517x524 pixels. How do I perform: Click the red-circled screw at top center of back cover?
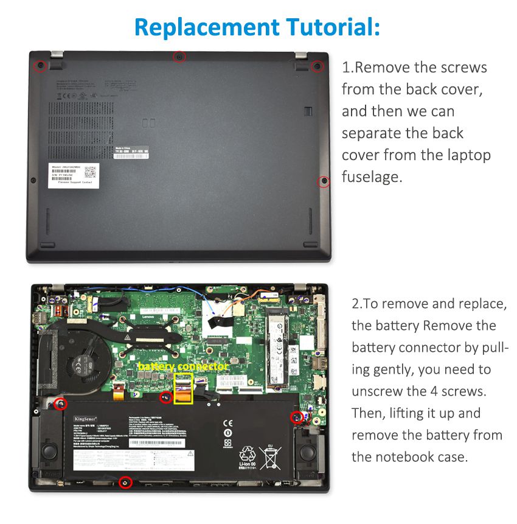(179, 57)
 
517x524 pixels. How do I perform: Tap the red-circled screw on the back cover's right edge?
(324, 181)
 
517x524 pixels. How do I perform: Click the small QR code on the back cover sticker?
(90, 172)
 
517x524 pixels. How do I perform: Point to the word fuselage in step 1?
(372, 177)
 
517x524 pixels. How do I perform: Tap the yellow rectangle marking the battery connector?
(184, 388)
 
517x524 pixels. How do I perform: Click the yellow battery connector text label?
(183, 366)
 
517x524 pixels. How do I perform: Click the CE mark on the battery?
(227, 423)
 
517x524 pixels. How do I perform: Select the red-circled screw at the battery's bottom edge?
(125, 483)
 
